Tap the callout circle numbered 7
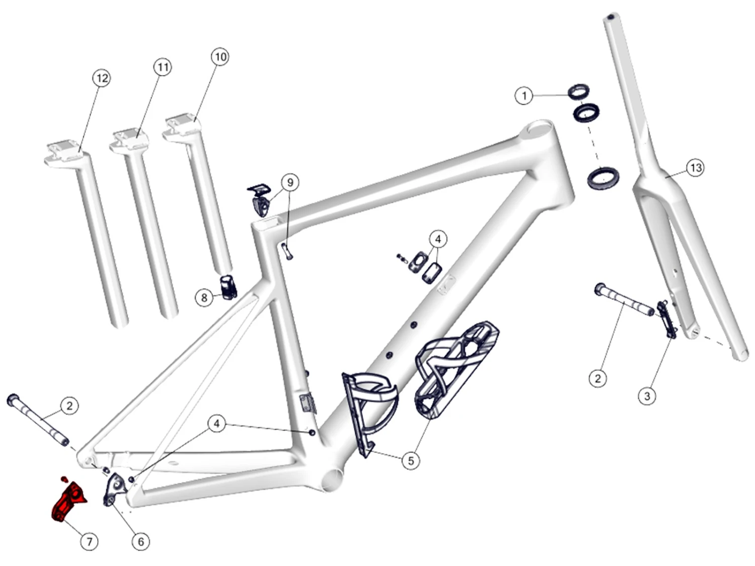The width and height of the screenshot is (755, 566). click(x=89, y=541)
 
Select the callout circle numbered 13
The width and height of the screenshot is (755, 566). click(x=695, y=168)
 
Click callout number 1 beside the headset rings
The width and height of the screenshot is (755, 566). click(x=524, y=96)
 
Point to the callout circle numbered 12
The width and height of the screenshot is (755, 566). click(x=102, y=78)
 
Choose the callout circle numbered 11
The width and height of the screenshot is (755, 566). click(x=162, y=67)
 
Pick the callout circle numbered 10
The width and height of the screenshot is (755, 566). click(x=220, y=57)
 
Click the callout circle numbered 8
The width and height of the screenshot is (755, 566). click(x=204, y=298)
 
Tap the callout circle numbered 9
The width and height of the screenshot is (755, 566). click(x=290, y=182)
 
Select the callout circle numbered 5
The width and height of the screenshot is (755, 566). click(x=411, y=460)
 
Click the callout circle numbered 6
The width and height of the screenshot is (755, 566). click(x=141, y=541)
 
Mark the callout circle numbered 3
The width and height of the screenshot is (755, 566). click(x=647, y=396)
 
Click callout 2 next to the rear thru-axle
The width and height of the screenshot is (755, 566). click(x=69, y=406)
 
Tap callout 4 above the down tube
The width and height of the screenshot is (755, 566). click(x=437, y=239)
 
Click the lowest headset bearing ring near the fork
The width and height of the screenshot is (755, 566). click(x=603, y=178)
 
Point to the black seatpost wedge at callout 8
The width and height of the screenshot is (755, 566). click(x=229, y=287)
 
